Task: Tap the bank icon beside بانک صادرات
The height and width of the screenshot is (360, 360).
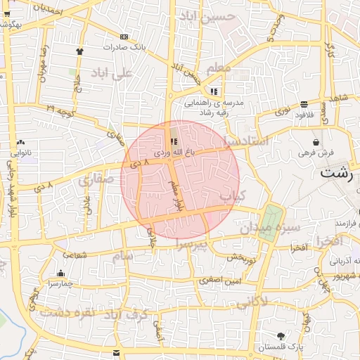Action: click(x=124, y=37)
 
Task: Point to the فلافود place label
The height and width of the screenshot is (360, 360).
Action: click(x=304, y=114)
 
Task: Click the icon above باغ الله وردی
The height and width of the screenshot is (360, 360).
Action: click(x=174, y=141)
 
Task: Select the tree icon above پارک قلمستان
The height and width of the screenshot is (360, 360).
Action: click(x=282, y=335)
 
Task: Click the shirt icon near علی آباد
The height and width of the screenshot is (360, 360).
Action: click(x=79, y=51)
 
